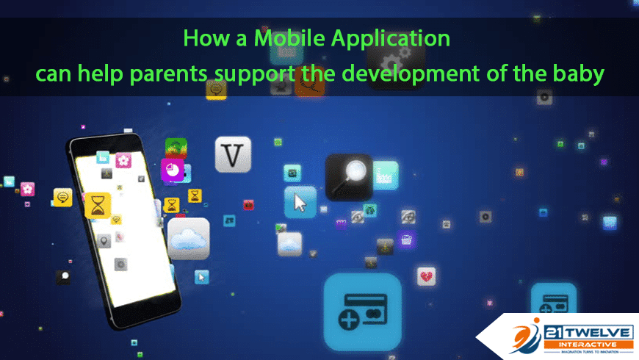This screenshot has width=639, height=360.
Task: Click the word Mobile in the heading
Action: click(289, 38)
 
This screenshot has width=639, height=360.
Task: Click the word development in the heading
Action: click(411, 73)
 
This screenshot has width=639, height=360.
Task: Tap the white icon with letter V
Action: click(233, 154)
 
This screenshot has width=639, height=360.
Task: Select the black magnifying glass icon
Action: click(349, 177)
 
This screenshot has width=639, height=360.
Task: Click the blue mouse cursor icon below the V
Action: click(300, 202)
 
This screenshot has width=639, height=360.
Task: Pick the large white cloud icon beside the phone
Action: click(189, 239)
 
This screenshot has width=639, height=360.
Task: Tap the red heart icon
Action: click(426, 276)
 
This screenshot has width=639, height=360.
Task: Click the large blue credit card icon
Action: click(363, 312)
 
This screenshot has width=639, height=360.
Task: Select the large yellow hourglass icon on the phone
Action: click(98, 205)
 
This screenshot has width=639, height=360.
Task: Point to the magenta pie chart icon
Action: click(173, 170)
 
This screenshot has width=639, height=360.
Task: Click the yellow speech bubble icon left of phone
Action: click(62, 198)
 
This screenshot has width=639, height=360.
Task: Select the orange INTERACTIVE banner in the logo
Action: click(588, 345)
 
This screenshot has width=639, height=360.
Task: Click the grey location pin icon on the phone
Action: click(104, 240)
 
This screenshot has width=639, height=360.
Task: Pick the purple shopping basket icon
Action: click(406, 240)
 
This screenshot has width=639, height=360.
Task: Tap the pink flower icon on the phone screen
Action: click(123, 160)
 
